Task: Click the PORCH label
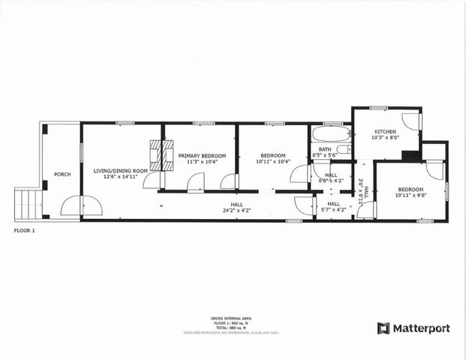tap(62, 175)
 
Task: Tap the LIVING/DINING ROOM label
tap(120, 171)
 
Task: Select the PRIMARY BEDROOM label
tap(198, 155)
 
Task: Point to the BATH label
tap(324, 149)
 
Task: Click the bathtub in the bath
tap(330, 135)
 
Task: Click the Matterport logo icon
tap(383, 328)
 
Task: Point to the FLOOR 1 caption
tap(25, 230)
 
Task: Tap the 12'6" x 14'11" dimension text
tap(120, 177)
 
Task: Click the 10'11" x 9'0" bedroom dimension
tap(410, 195)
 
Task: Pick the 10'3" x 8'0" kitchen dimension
tap(386, 138)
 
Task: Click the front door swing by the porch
tap(81, 205)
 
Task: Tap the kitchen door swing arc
tap(410, 121)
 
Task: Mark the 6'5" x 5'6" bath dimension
tap(324, 155)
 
